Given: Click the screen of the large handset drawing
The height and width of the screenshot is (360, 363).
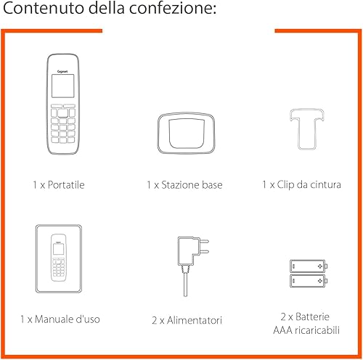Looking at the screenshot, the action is pyautogui.click(x=62, y=86).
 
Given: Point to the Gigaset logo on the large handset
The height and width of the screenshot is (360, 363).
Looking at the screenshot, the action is pyautogui.click(x=62, y=71).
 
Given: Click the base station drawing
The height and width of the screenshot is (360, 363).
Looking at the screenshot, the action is pyautogui.click(x=186, y=133).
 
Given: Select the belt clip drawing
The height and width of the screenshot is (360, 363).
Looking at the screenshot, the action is pyautogui.click(x=307, y=129).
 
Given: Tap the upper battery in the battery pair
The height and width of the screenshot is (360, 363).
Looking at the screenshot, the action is pyautogui.click(x=309, y=266).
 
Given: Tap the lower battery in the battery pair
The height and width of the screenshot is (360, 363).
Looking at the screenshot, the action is pyautogui.click(x=309, y=281).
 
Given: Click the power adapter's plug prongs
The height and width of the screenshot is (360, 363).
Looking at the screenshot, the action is pyautogui.click(x=204, y=246).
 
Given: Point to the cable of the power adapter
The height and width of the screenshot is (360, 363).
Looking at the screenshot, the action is pyautogui.click(x=185, y=285).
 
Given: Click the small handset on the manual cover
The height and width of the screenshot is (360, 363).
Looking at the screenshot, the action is pyautogui.click(x=59, y=258).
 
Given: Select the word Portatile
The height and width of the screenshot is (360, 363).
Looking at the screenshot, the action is pyautogui.click(x=66, y=185).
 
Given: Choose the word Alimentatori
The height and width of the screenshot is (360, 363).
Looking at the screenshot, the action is pyautogui.click(x=195, y=320).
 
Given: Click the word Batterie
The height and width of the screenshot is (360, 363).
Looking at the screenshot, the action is pyautogui.click(x=312, y=316).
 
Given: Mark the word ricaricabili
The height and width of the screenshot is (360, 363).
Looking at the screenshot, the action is pyautogui.click(x=317, y=330).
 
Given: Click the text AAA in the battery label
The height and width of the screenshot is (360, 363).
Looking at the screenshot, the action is pyautogui.click(x=282, y=330).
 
